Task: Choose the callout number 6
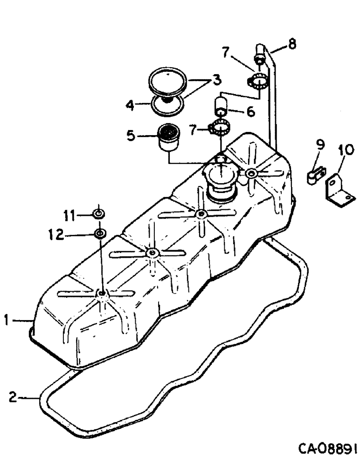click(x=251, y=113)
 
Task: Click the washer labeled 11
click(x=98, y=214)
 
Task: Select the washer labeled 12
click(x=99, y=233)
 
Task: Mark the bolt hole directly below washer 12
click(x=102, y=293)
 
